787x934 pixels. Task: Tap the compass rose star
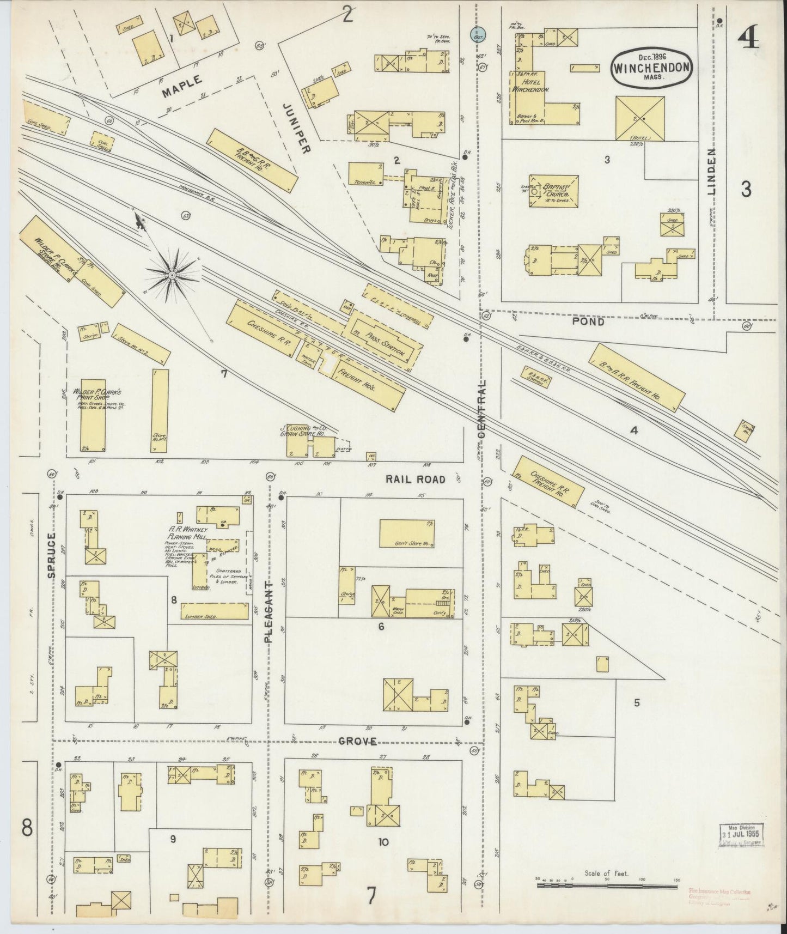(172, 276)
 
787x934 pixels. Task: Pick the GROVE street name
(358, 741)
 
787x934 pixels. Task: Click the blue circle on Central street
(478, 34)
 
